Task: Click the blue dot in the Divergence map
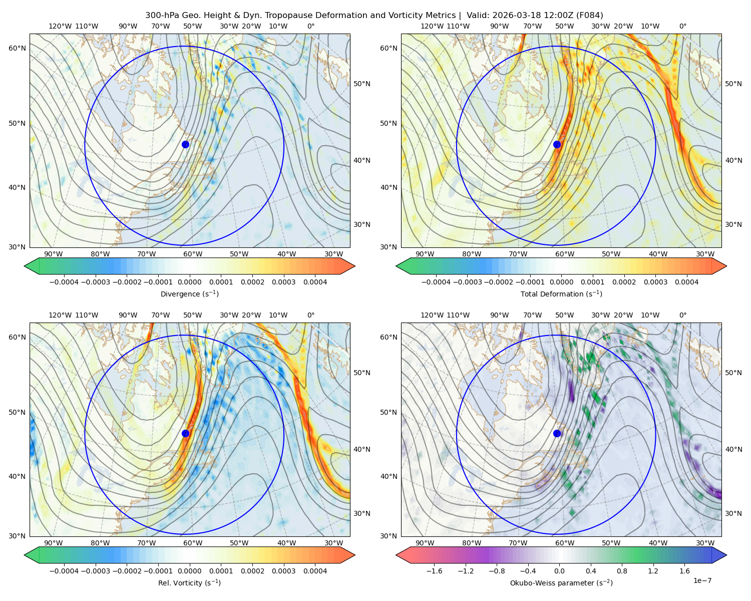pyautogui.click(x=185, y=145)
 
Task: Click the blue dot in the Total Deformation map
pyautogui.click(x=557, y=145)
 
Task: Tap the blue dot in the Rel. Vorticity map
pyautogui.click(x=185, y=433)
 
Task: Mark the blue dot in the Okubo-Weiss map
pyautogui.click(x=557, y=433)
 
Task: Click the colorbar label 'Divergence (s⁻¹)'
pyautogui.click(x=189, y=294)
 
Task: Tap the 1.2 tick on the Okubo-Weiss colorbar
pyautogui.click(x=653, y=571)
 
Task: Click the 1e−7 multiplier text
pyautogui.click(x=702, y=580)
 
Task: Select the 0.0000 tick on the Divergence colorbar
pyautogui.click(x=189, y=282)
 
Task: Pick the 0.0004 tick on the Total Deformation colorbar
pyautogui.click(x=686, y=282)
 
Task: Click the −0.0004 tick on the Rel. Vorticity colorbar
pyautogui.click(x=64, y=571)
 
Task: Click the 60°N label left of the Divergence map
pyautogui.click(x=17, y=48)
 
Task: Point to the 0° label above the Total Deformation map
pyautogui.click(x=682, y=26)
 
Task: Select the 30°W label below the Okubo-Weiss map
pyautogui.click(x=705, y=543)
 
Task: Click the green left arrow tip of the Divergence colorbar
pyautogui.click(x=25, y=266)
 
